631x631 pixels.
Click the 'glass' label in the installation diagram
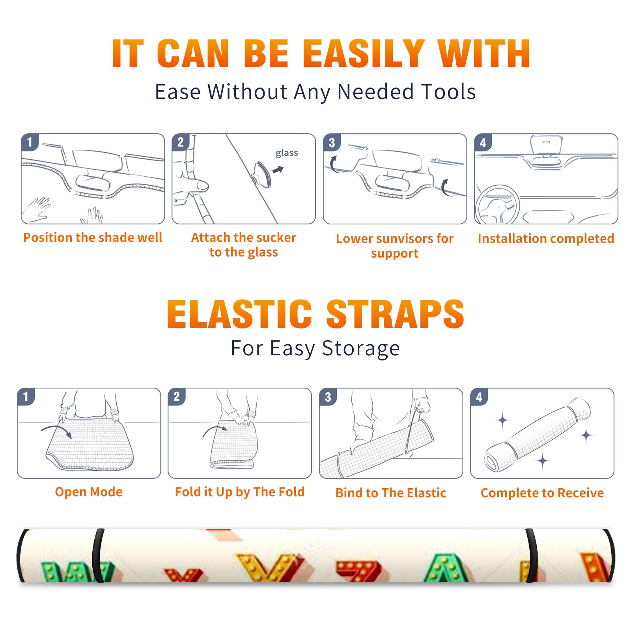287,153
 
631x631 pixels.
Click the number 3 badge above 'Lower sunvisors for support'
332,142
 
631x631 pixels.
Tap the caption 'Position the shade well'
93,237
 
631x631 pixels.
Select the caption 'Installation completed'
546,238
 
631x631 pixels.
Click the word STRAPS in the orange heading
395,314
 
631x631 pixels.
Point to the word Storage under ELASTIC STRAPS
361,349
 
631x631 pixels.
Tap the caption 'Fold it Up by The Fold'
240,492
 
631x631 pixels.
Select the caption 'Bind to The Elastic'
391,493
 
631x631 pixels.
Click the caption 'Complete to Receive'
542,493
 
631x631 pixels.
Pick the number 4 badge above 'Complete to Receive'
479,397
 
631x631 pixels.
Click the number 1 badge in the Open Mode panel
26,396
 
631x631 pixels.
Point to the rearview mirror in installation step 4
546,145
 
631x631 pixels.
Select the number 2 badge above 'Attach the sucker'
181,142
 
